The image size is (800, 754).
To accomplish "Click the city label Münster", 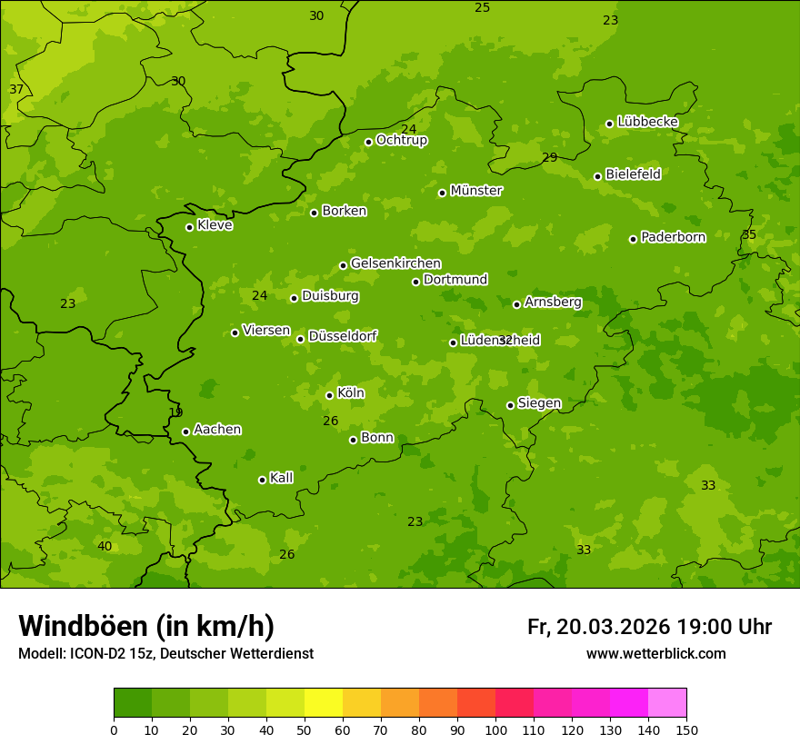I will (476, 191).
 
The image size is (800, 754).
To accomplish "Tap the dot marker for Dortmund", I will (416, 282).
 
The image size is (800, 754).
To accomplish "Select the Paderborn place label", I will (674, 237).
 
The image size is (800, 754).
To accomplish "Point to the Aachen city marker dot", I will (186, 432).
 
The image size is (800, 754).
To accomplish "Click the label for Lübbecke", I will (648, 122).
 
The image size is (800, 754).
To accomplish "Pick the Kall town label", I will (282, 478).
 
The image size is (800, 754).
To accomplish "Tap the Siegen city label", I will (540, 403).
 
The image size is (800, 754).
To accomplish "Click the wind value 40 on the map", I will (105, 546).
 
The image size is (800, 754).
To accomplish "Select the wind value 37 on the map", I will (16, 89).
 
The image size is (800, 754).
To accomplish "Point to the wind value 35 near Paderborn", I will (749, 234).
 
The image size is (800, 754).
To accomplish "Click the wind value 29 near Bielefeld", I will (550, 157).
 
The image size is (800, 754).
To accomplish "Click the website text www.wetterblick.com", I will (656, 654).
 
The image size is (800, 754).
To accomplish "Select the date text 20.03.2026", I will (614, 627).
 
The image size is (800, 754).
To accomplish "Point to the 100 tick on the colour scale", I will (495, 729).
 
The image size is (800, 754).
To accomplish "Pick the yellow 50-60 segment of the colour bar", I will (324, 703).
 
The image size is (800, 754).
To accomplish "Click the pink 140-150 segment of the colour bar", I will (667, 703).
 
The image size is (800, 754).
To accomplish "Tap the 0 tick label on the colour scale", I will (114, 729).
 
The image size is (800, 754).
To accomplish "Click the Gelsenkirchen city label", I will (395, 263).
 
